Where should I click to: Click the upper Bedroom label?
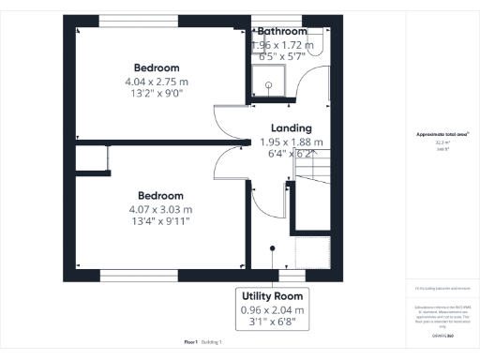[x=157, y=67]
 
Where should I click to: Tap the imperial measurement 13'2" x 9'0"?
[x=157, y=93]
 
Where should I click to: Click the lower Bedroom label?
[x=159, y=196]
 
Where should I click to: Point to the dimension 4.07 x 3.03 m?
[x=159, y=209]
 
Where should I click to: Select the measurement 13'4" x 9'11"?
[x=159, y=221]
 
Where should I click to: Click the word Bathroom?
[x=282, y=32]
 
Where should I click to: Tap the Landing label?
[x=292, y=128]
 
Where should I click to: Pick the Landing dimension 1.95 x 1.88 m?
[x=292, y=142]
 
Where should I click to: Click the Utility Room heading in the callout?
[x=273, y=295]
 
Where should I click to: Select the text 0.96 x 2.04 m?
[x=273, y=309]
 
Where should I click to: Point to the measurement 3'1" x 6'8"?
[x=273, y=322]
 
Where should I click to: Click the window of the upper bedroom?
[x=141, y=19]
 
